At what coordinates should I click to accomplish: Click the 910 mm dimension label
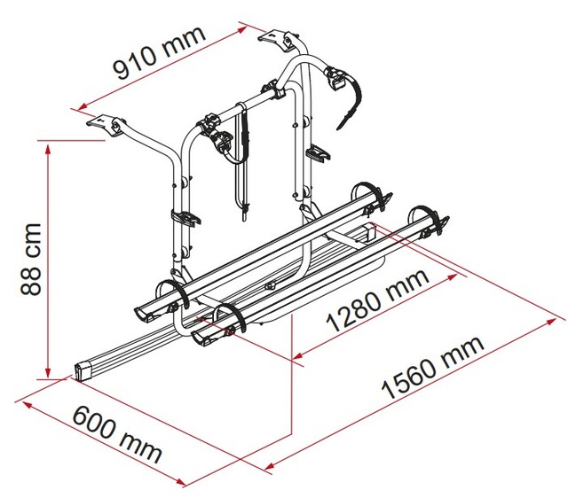[160, 52]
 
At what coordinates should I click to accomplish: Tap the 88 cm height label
[31, 259]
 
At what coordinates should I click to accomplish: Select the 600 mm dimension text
[116, 433]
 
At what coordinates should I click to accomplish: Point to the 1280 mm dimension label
[377, 300]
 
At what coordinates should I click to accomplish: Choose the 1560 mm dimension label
[432, 367]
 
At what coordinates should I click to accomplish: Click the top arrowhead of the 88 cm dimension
[47, 148]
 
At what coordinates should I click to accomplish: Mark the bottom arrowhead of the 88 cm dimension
[47, 372]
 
